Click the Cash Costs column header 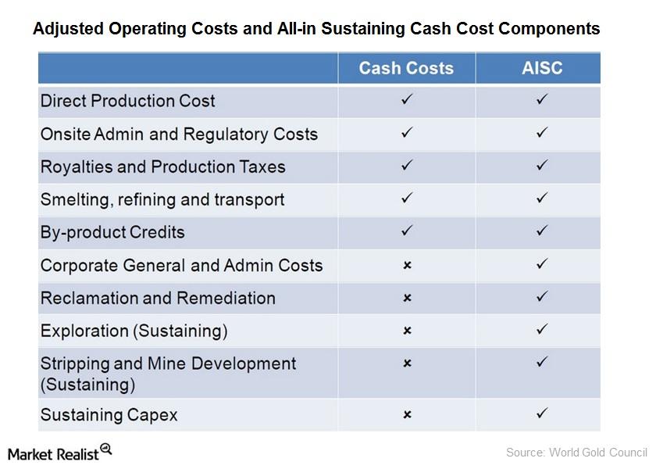click(406, 68)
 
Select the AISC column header click(542, 68)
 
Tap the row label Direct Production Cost click(128, 101)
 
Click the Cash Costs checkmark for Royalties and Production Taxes click(406, 166)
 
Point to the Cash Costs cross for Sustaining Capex click(406, 414)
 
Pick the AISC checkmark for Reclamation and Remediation click(542, 297)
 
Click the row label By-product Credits click(112, 232)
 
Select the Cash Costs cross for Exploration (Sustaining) click(406, 331)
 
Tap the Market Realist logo click(59, 453)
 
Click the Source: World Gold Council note click(576, 452)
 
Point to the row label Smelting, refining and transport click(162, 199)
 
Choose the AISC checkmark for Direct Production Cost click(542, 100)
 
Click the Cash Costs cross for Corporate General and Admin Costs click(406, 266)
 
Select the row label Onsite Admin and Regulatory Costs click(179, 134)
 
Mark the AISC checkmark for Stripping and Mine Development click(542, 362)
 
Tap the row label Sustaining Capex click(109, 415)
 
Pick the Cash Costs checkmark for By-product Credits click(406, 231)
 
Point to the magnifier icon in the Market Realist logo click(105, 449)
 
